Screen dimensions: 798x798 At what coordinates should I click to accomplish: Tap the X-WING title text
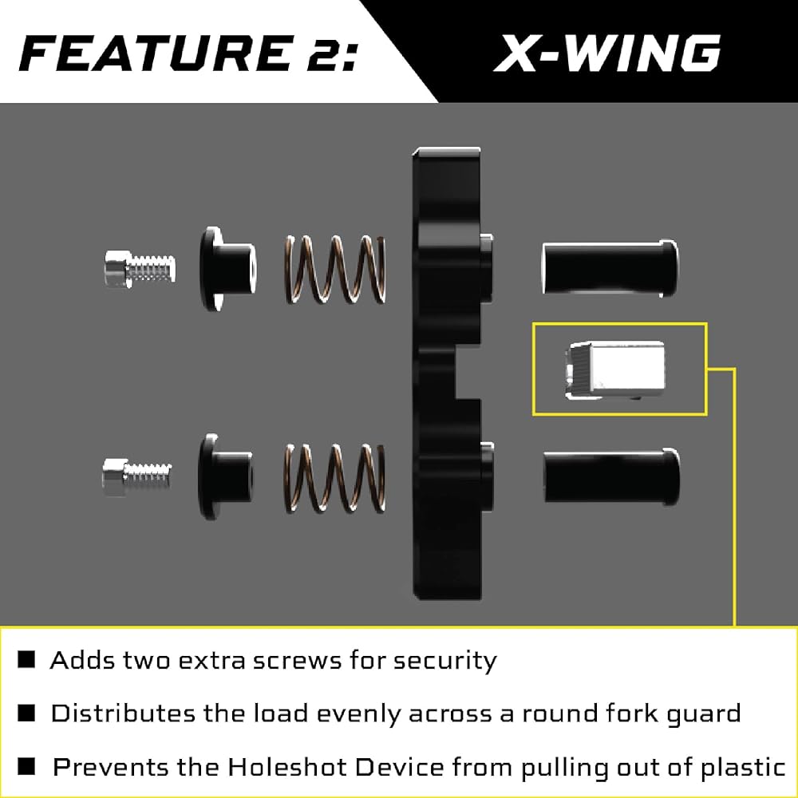coord(607,53)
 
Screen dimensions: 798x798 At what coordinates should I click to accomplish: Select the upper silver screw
coord(140,268)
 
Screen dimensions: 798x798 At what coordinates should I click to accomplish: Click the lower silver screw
coord(137,477)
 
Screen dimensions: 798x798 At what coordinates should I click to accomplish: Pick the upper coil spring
coord(335,269)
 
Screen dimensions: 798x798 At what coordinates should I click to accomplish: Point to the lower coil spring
coord(334,477)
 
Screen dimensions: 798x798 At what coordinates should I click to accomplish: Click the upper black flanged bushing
coord(227,269)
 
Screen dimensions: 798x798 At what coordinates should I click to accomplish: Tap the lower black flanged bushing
coord(225,476)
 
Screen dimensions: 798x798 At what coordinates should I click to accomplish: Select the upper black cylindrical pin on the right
coord(610,267)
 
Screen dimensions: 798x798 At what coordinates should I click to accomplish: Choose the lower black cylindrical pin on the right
coord(612,476)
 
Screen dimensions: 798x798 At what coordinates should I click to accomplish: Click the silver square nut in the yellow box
coord(614,370)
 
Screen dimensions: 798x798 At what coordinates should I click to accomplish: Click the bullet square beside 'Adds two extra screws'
coord(26,660)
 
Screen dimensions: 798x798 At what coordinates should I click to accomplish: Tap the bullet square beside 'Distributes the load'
coord(26,713)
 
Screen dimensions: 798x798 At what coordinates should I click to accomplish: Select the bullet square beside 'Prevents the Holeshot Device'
coord(26,766)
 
